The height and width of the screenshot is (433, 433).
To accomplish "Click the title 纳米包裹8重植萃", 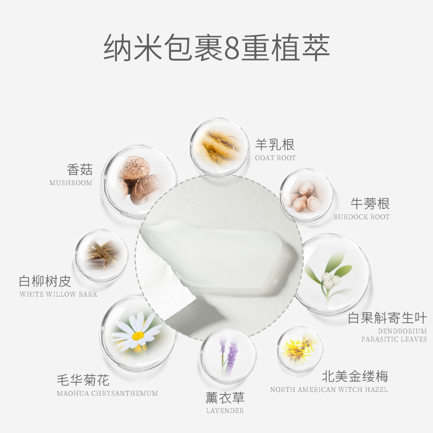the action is (x=217, y=48).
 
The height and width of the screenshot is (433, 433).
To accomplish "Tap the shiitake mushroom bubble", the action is (x=140, y=181).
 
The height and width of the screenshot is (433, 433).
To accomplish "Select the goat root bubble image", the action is (x=219, y=147).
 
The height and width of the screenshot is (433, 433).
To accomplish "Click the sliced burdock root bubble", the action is (x=306, y=194).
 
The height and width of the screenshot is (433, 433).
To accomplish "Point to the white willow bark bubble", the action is (x=102, y=255).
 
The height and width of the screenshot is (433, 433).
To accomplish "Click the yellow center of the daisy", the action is (x=138, y=336).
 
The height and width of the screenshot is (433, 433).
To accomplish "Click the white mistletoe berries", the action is (x=331, y=280).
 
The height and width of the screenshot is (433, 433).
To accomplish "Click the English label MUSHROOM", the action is (x=71, y=183).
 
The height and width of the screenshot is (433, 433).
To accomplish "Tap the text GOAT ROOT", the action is (x=275, y=158).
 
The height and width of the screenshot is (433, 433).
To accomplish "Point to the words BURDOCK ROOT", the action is (x=362, y=217).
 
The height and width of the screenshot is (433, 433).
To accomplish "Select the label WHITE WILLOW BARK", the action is (x=58, y=294).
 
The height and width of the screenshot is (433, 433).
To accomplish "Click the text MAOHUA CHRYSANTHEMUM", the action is (x=107, y=393).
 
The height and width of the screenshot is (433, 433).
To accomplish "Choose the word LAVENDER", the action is (x=225, y=411).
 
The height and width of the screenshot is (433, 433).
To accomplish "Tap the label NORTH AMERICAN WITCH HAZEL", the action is (x=329, y=389).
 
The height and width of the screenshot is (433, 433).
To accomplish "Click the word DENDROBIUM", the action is (x=402, y=331).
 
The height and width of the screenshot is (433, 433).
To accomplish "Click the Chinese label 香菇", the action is (x=80, y=169).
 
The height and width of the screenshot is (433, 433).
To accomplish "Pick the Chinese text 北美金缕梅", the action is (x=355, y=376).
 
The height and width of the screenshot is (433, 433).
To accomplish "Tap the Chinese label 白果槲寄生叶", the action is (x=387, y=318).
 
